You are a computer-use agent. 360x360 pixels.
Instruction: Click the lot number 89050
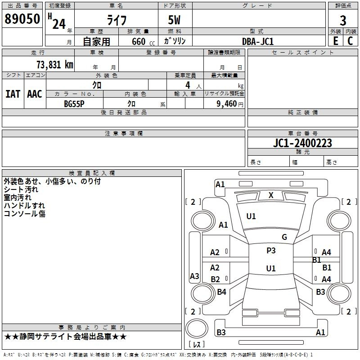point(22,19)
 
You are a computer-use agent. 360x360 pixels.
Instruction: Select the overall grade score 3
point(343,21)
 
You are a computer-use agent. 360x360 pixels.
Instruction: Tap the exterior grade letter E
point(336,41)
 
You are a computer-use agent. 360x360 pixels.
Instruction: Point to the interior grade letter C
point(350,41)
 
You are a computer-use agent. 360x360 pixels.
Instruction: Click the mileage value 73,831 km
point(55,65)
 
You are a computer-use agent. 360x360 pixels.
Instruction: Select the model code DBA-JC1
point(258,41)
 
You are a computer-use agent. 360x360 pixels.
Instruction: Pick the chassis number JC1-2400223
point(302,143)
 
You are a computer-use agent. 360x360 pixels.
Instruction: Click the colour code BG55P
point(74,104)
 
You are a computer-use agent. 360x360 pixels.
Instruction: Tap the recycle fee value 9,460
point(227,104)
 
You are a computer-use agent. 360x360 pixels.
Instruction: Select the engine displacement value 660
point(139,41)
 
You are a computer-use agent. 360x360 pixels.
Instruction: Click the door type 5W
point(174,20)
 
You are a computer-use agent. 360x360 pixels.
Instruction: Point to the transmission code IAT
point(13,94)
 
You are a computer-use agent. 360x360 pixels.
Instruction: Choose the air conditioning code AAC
point(35,94)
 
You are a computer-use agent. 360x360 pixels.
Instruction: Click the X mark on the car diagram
point(271,195)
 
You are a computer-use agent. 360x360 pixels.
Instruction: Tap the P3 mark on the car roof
point(271,250)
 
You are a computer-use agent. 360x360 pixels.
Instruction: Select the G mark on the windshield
point(284,237)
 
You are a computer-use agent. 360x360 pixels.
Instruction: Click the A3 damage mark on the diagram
point(194,276)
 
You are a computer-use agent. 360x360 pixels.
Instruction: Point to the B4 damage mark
point(221,292)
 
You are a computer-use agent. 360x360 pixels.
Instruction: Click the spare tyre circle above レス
point(197,328)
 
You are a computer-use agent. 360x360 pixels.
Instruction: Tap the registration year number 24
point(59,24)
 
